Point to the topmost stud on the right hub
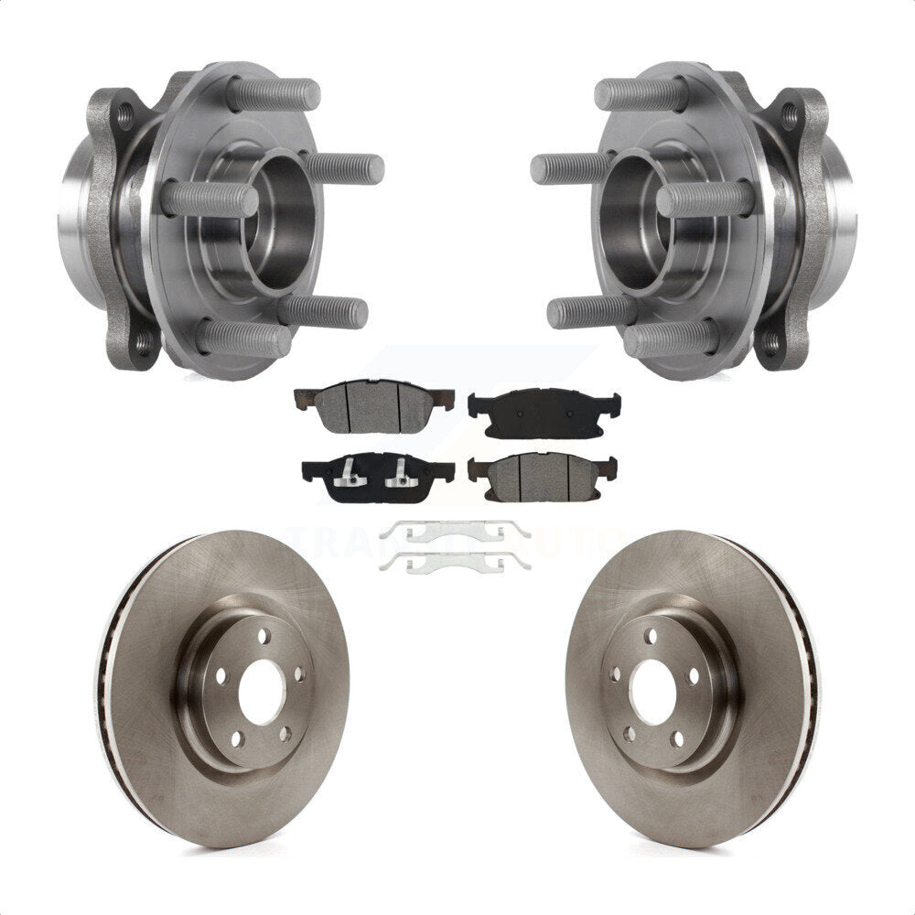[640, 94]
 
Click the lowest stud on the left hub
[242, 339]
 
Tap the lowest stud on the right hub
[673, 339]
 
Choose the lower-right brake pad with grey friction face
[544, 473]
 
